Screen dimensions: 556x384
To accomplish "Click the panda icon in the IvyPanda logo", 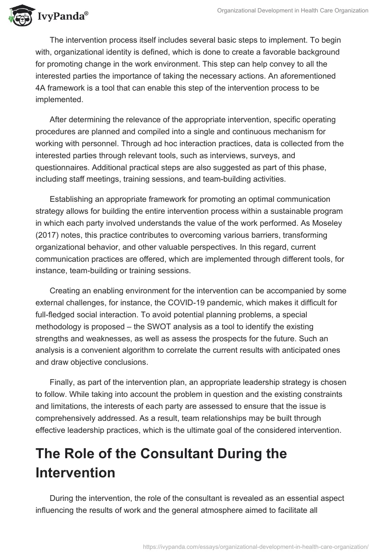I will point(18,15).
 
